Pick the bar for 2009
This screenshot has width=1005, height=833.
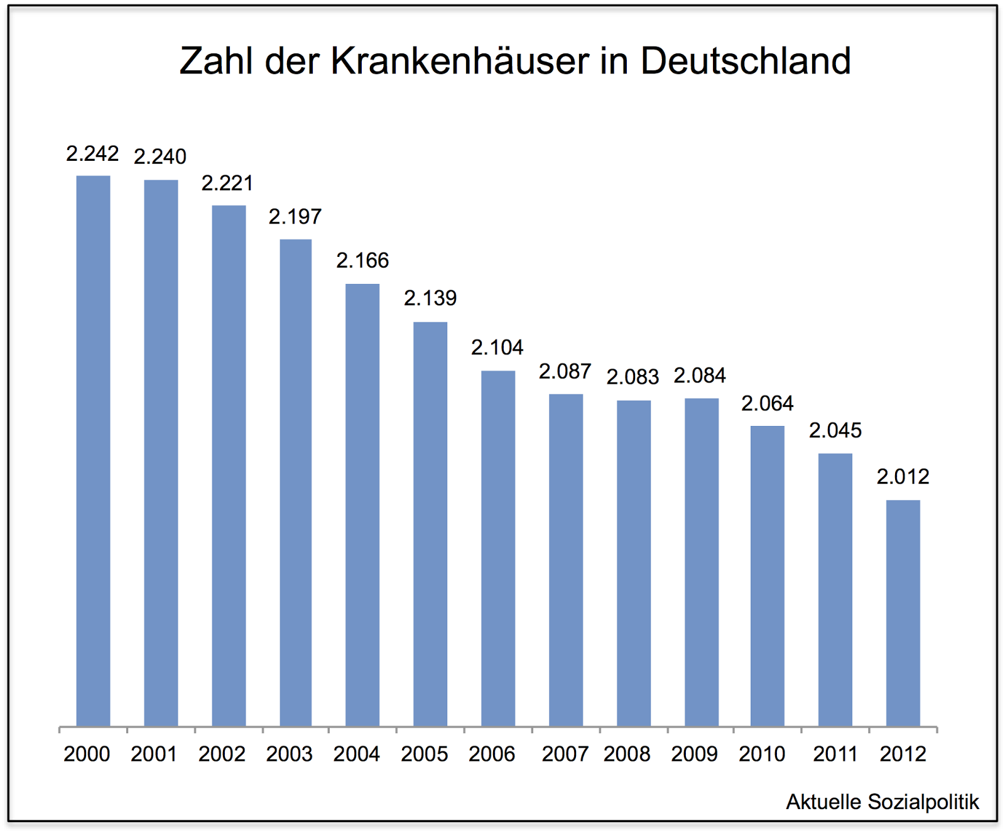(x=701, y=562)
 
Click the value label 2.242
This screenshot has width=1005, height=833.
(x=92, y=153)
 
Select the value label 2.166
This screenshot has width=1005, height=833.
(x=362, y=260)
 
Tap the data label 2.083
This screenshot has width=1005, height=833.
(x=633, y=376)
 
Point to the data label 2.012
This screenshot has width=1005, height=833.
(x=903, y=477)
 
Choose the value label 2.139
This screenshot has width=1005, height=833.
(x=430, y=298)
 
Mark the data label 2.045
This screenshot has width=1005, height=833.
(x=835, y=430)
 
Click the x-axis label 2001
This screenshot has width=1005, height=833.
(x=154, y=753)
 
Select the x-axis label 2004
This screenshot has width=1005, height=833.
(x=357, y=753)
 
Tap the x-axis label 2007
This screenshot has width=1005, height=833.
(x=565, y=753)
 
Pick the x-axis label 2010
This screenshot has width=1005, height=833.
(x=762, y=753)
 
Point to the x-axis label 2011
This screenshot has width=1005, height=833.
(x=835, y=753)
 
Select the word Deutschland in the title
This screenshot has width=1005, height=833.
(x=746, y=61)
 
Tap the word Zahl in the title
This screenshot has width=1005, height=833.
(x=216, y=61)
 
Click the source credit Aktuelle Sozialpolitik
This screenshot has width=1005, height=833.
(x=883, y=802)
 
